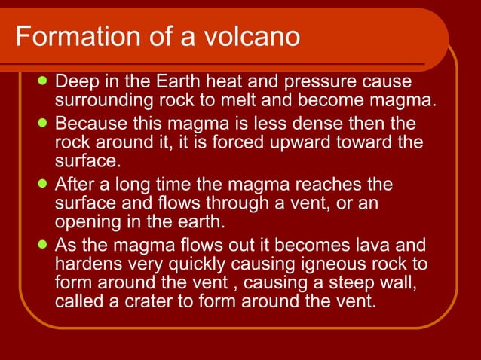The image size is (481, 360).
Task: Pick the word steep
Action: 331,283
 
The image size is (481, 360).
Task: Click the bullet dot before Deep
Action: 44,80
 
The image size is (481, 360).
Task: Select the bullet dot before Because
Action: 44,121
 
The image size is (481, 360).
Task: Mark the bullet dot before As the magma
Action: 44,245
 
